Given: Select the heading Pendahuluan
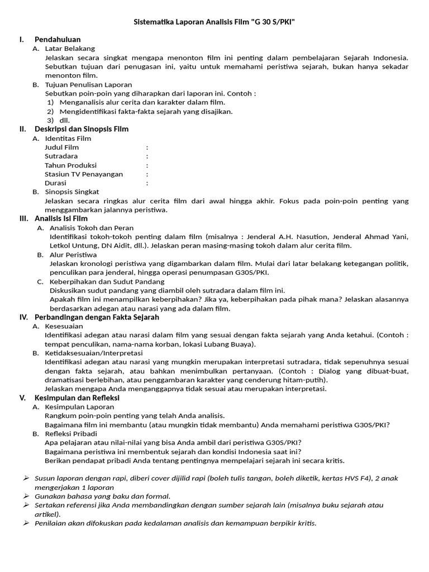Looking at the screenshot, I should pyautogui.click(x=58, y=40).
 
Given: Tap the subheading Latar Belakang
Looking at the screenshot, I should pyautogui.click(x=70, y=49).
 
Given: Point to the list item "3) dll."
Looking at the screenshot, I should pyautogui.click(x=59, y=120).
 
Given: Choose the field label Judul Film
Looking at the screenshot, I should pyautogui.click(x=61, y=147).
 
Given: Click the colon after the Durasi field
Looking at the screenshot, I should pyautogui.click(x=147, y=183).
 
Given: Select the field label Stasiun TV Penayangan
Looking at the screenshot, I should pyautogui.click(x=84, y=174).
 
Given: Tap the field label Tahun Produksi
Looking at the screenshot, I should pyautogui.click(x=71, y=165).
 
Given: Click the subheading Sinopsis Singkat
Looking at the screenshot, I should pyautogui.click(x=72, y=192).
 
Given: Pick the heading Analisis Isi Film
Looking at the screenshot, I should pyautogui.click(x=61, y=218).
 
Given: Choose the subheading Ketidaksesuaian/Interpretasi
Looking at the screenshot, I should pyautogui.click(x=94, y=353).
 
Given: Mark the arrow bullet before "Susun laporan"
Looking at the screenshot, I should pyautogui.click(x=26, y=478).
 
